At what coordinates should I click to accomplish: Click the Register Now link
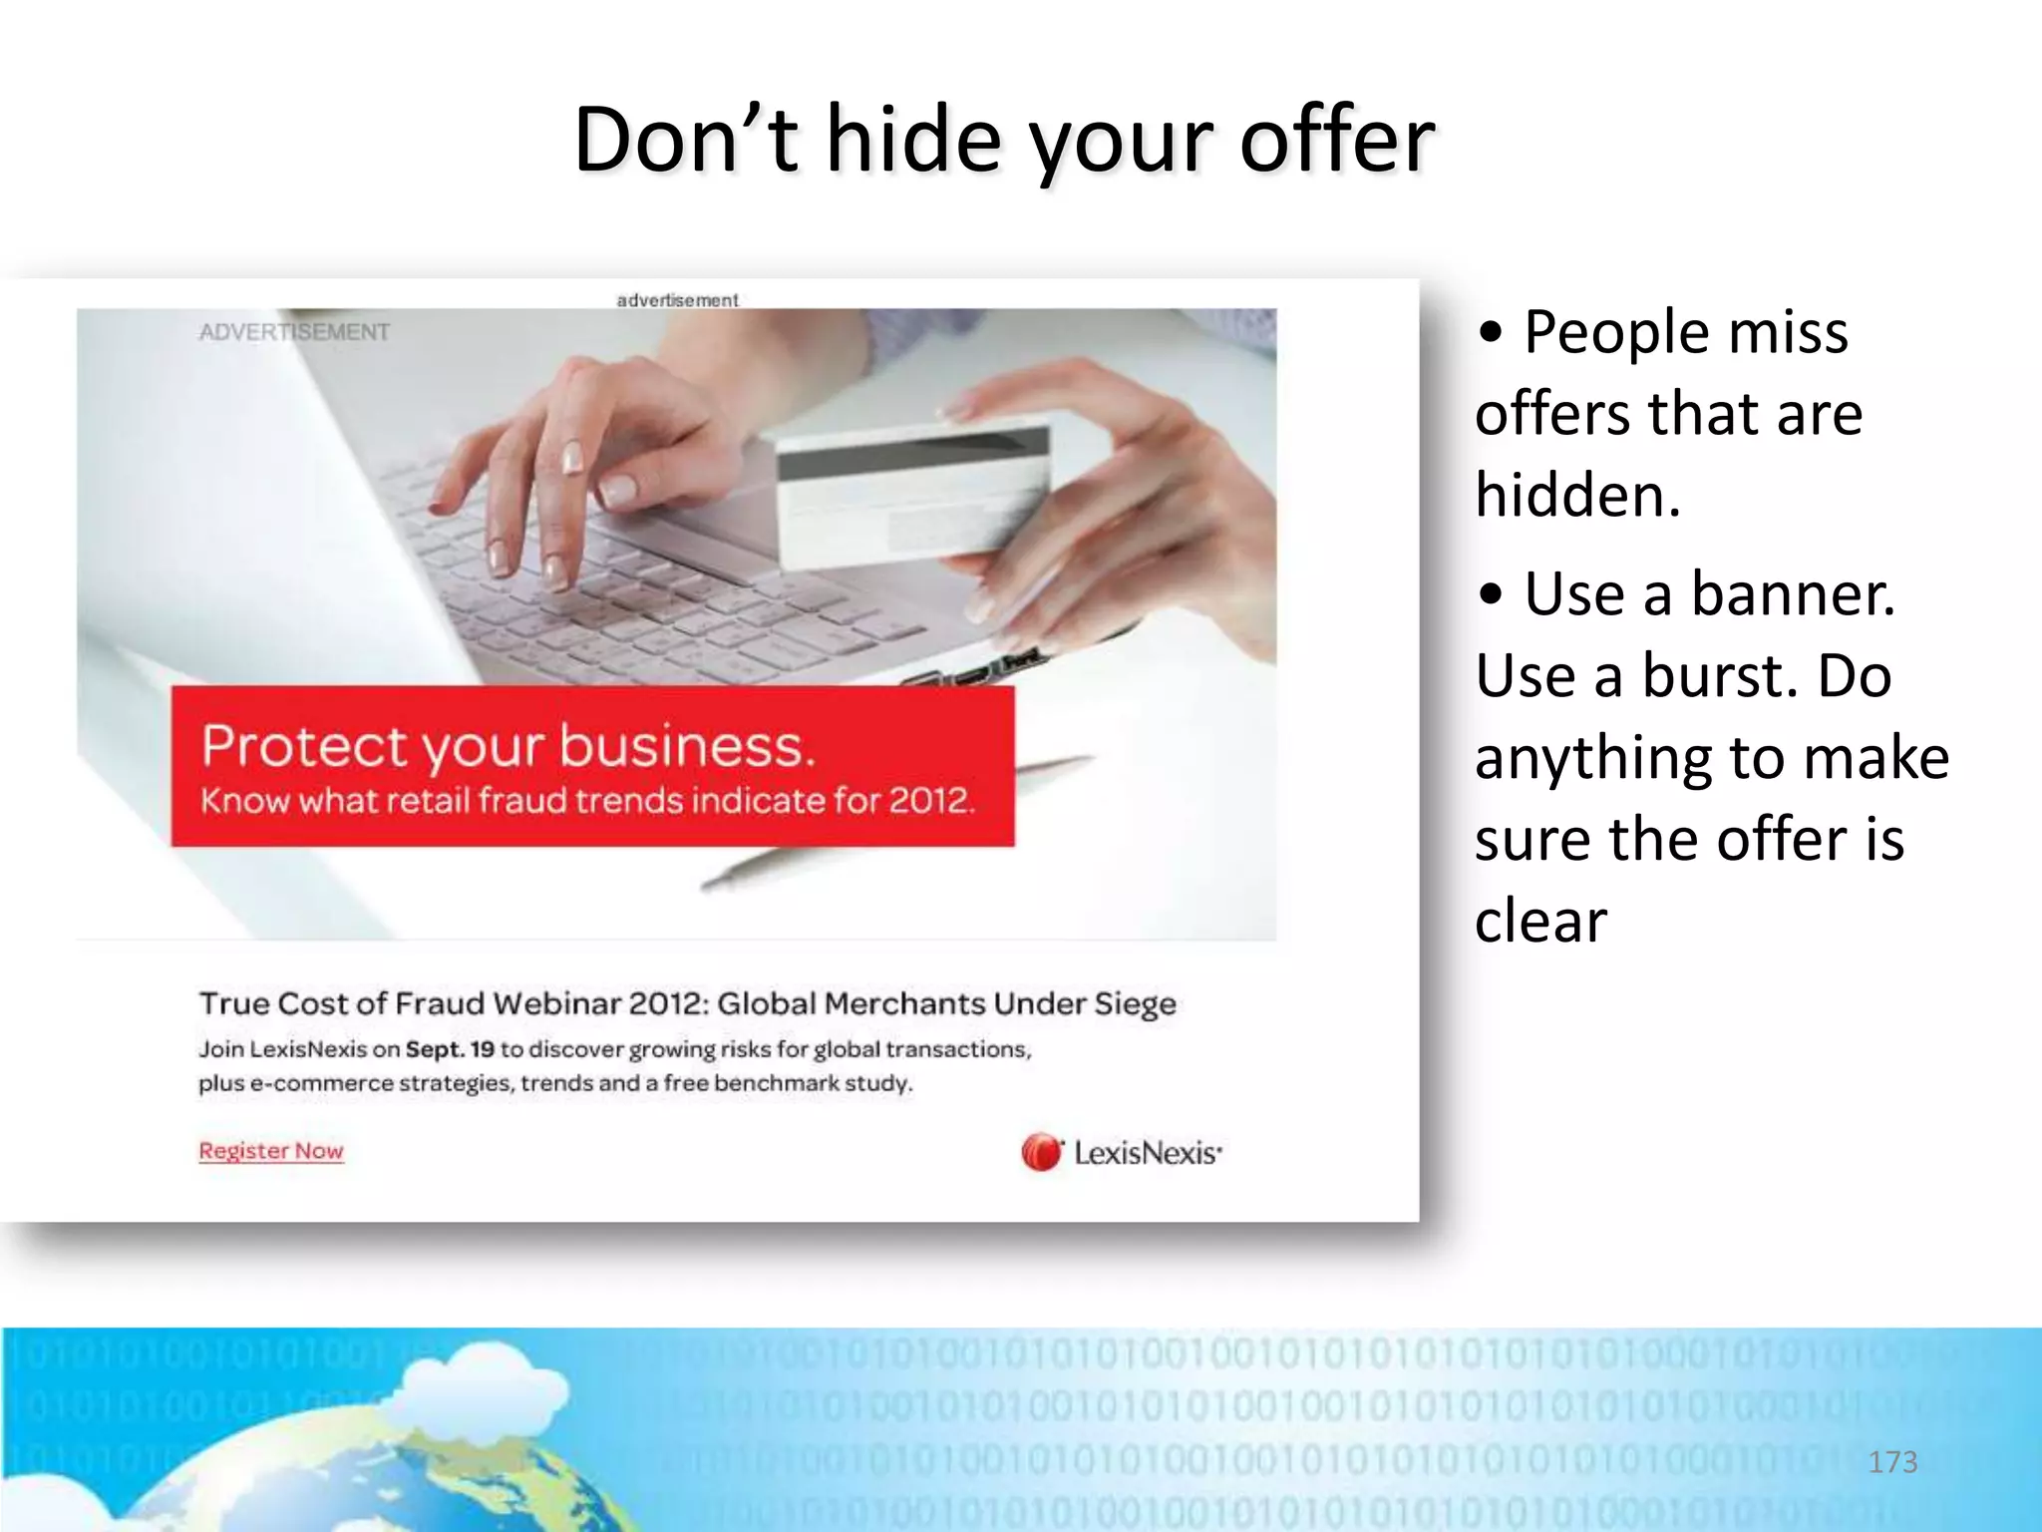tap(270, 1151)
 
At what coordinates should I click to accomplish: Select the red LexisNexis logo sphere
tap(1041, 1153)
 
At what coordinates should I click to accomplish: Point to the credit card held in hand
tap(912, 489)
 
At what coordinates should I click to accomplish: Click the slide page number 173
tap(1891, 1462)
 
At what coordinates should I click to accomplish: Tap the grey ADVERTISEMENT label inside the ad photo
tap(294, 332)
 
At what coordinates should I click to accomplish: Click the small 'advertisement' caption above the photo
tap(677, 300)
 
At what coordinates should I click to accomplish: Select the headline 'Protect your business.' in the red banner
tap(509, 746)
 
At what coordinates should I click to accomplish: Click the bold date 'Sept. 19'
tap(450, 1049)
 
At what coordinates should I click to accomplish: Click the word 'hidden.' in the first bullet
tap(1577, 496)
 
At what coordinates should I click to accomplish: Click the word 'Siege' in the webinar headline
tap(1135, 1004)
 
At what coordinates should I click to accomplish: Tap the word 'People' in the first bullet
tap(1616, 332)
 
